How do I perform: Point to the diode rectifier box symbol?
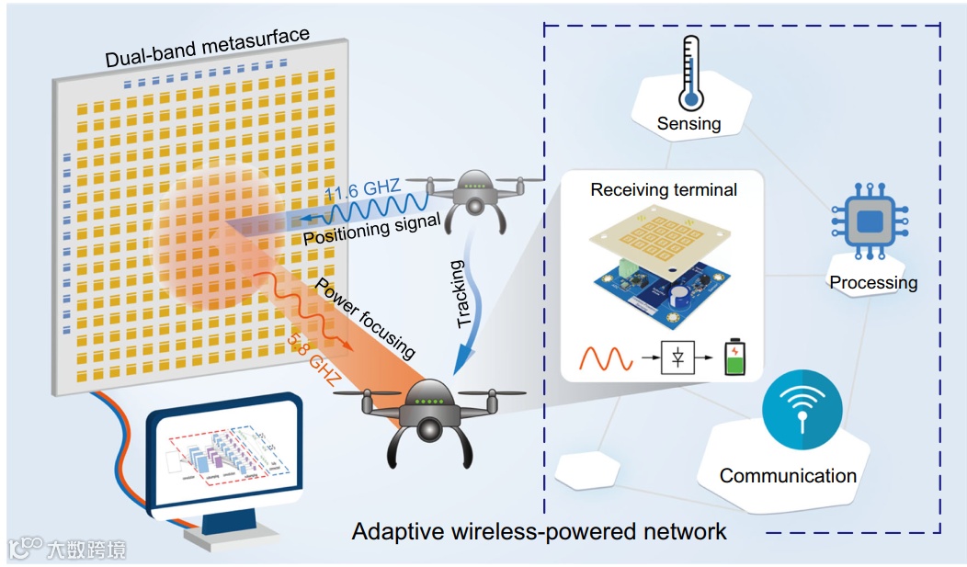677,357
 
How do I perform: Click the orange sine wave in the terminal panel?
605,357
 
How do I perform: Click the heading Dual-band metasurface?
207,48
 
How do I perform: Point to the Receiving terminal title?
664,190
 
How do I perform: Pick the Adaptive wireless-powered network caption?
540,531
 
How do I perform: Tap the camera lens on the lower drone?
429,428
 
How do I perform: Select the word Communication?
788,475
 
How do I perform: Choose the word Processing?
873,282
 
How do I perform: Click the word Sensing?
689,123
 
